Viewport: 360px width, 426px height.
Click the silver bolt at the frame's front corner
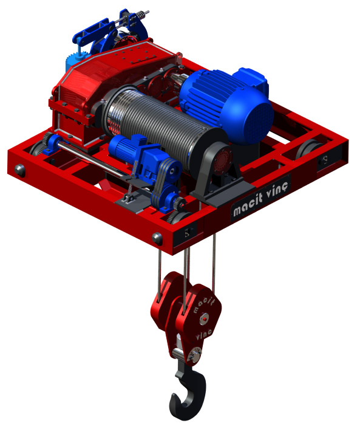point(157,238)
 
